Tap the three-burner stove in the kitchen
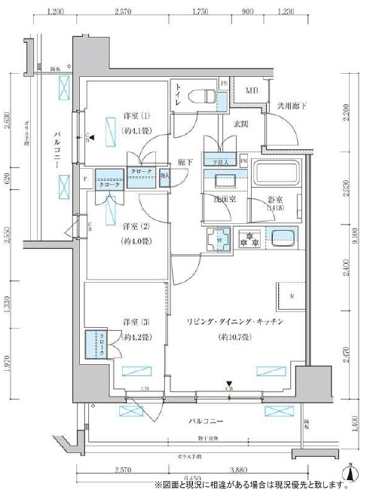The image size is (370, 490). click(x=249, y=240)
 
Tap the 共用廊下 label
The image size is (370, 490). click(x=289, y=106)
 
